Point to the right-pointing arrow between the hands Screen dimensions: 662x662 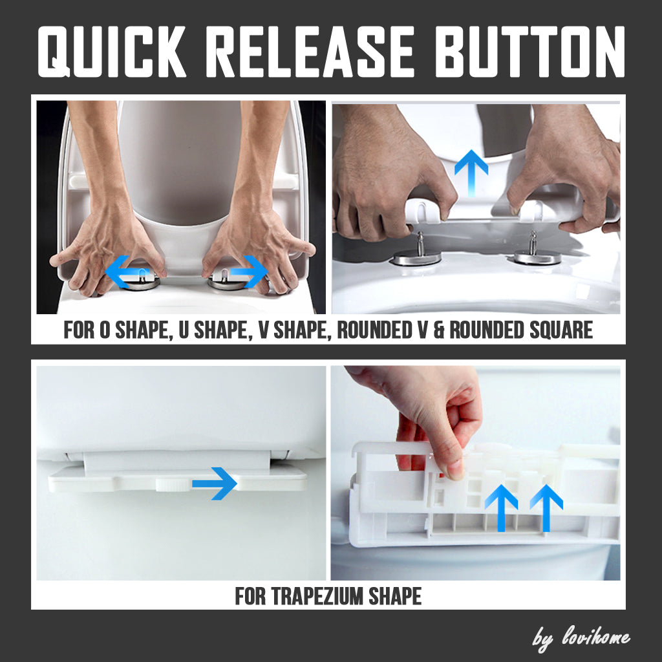pyautogui.click(x=249, y=272)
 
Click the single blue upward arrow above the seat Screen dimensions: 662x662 pyautogui.click(x=471, y=171)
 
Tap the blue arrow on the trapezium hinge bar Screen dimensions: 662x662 pyautogui.click(x=214, y=483)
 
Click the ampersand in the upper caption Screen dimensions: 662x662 pyautogui.click(x=438, y=330)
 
